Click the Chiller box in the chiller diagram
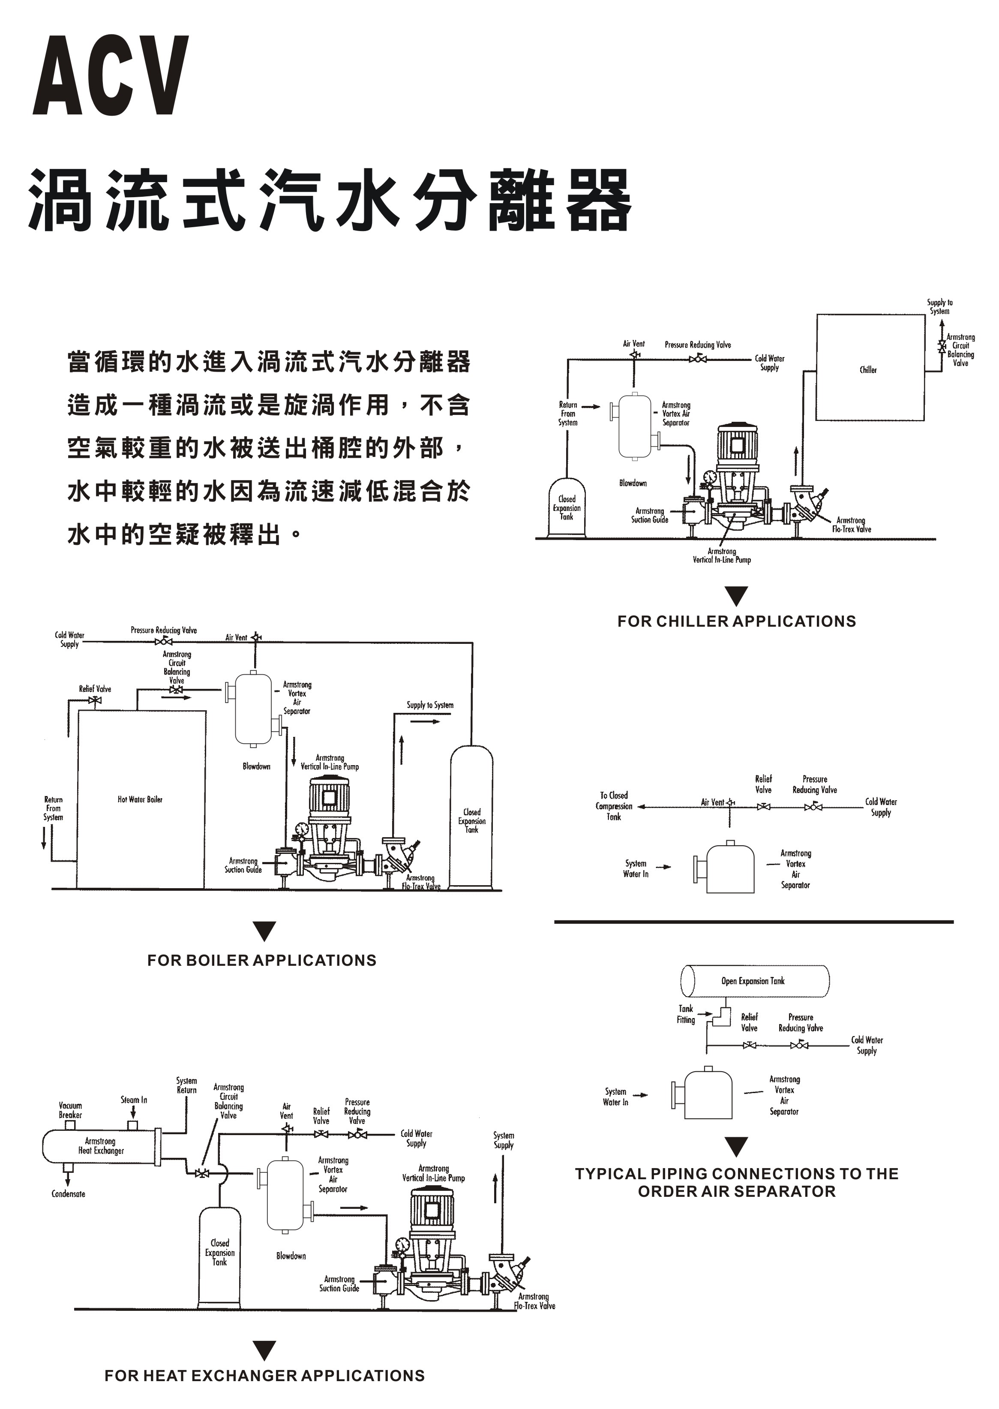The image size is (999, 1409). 870,368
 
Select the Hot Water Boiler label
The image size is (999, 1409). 140,799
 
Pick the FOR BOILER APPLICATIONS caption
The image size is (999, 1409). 261,961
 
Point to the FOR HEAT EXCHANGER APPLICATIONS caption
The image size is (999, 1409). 264,1376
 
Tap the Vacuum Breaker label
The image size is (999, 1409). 70,1110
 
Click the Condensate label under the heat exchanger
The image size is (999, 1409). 68,1194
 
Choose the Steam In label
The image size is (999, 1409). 133,1100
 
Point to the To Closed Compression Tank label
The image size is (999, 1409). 613,806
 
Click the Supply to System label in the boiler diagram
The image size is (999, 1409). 429,705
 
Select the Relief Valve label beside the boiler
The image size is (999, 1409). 95,688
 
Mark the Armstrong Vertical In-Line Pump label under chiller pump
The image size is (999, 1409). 722,556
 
